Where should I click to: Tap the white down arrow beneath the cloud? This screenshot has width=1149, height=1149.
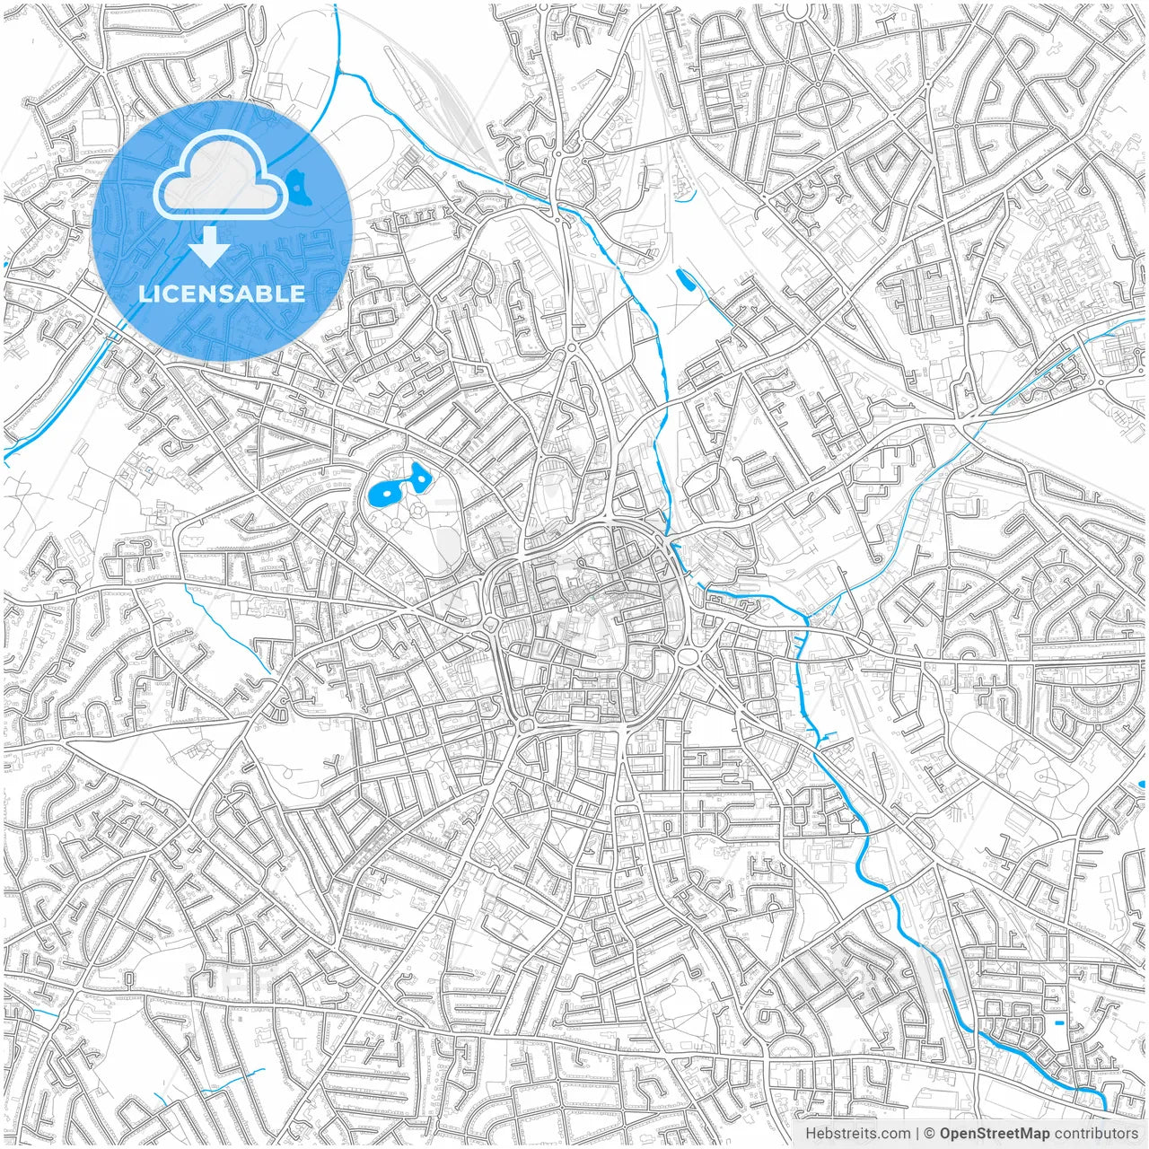pyautogui.click(x=209, y=246)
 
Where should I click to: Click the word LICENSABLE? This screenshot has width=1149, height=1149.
pyautogui.click(x=221, y=294)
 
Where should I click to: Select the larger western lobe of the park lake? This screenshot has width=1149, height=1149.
pyautogui.click(x=384, y=490)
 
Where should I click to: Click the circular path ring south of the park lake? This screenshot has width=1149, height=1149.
pyautogui.click(x=418, y=511)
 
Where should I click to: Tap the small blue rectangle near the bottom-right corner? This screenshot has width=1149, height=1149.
pyautogui.click(x=1060, y=1022)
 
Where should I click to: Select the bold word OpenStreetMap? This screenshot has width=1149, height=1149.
pyautogui.click(x=995, y=1134)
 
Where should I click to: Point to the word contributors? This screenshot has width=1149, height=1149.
pyautogui.click(x=1096, y=1134)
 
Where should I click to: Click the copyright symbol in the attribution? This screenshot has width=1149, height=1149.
pyautogui.click(x=931, y=1134)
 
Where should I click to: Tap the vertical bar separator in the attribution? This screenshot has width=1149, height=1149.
pyautogui.click(x=917, y=1134)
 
